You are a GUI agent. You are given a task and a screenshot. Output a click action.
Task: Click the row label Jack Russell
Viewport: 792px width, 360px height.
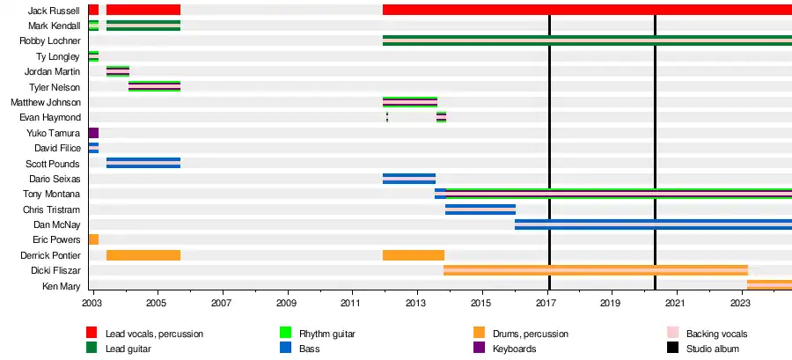click(55, 11)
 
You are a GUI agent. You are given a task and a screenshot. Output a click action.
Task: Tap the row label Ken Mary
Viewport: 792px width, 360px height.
click(62, 286)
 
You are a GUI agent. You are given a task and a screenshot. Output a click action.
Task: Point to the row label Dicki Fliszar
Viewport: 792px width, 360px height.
click(55, 270)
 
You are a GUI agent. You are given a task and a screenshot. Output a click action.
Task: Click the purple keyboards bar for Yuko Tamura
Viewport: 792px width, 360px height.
click(93, 133)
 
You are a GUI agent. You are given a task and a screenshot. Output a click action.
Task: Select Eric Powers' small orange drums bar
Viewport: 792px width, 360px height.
click(93, 239)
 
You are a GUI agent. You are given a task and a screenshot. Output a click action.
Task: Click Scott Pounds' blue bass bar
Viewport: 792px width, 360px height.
click(143, 163)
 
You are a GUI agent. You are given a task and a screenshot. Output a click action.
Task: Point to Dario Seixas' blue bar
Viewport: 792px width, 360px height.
click(409, 179)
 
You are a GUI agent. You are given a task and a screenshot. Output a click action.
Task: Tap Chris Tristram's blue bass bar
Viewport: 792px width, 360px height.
click(480, 209)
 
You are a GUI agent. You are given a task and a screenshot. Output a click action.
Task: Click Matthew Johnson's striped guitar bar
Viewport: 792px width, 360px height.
click(410, 102)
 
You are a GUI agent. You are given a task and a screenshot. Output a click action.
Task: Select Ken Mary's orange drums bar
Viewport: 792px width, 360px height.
click(769, 285)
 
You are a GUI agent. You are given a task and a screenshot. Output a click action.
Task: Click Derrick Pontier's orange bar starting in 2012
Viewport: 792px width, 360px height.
click(414, 255)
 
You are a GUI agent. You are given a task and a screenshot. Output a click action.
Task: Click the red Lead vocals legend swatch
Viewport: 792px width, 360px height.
click(92, 333)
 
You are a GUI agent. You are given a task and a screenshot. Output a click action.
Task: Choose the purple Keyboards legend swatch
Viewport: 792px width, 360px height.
click(479, 348)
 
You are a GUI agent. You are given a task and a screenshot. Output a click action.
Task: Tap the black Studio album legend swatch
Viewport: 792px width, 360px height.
click(672, 348)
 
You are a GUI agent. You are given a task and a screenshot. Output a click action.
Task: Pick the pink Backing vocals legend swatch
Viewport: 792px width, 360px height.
click(672, 333)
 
